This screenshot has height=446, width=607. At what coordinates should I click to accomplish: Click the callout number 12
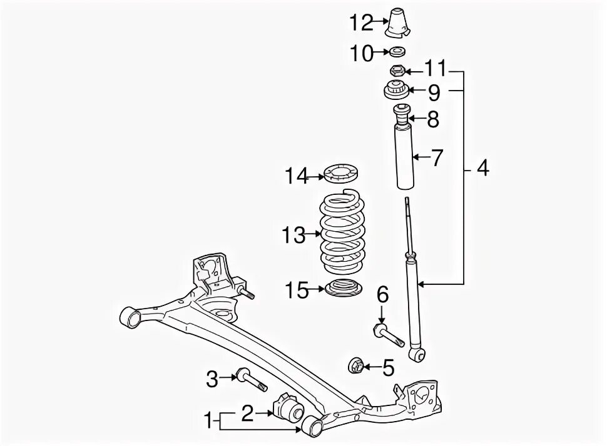coord(361,23)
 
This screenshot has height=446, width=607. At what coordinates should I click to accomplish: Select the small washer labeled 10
coord(397,52)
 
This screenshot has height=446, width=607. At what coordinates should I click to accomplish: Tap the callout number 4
coord(482,169)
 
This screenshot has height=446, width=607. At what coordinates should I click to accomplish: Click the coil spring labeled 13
coord(342,234)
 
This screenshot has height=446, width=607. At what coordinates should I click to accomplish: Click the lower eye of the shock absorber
coord(418,356)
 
